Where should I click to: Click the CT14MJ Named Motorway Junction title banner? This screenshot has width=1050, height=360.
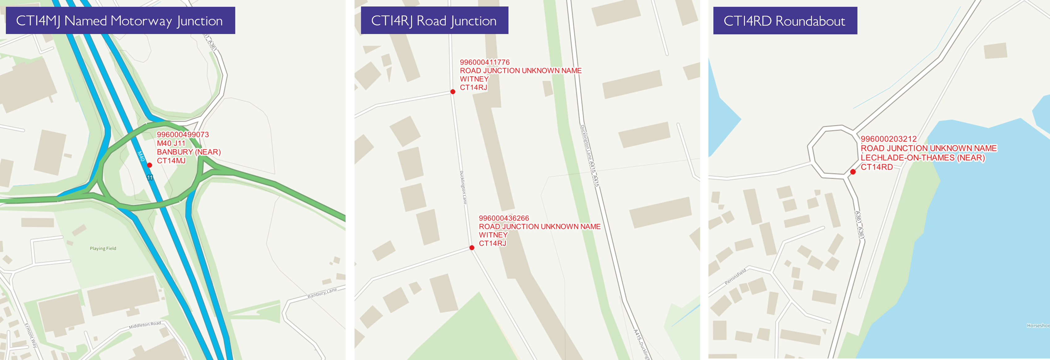pyautogui.click(x=120, y=20)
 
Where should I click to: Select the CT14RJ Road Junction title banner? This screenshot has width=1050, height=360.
pyautogui.click(x=434, y=20)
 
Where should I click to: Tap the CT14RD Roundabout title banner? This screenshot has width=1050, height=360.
pyautogui.click(x=785, y=21)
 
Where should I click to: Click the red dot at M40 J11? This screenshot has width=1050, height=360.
pyautogui.click(x=150, y=165)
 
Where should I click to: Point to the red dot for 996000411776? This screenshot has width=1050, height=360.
pyautogui.click(x=453, y=92)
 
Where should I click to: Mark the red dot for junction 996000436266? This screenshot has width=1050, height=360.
pyautogui.click(x=472, y=247)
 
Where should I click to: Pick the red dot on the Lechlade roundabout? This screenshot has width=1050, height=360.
pyautogui.click(x=853, y=172)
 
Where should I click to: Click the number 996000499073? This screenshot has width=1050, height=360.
pyautogui.click(x=183, y=135)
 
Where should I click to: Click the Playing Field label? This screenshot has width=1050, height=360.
pyautogui.click(x=103, y=248)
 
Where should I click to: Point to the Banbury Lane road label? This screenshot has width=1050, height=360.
pyautogui.click(x=322, y=293)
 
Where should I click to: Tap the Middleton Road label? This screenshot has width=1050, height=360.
pyautogui.click(x=145, y=325)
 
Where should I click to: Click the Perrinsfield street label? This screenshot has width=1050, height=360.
pyautogui.click(x=735, y=276)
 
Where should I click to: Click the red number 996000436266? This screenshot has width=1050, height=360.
pyautogui.click(x=504, y=218)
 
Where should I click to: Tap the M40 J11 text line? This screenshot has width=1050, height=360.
pyautogui.click(x=171, y=144)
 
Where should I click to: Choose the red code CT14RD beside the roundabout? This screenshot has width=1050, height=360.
pyautogui.click(x=876, y=167)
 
